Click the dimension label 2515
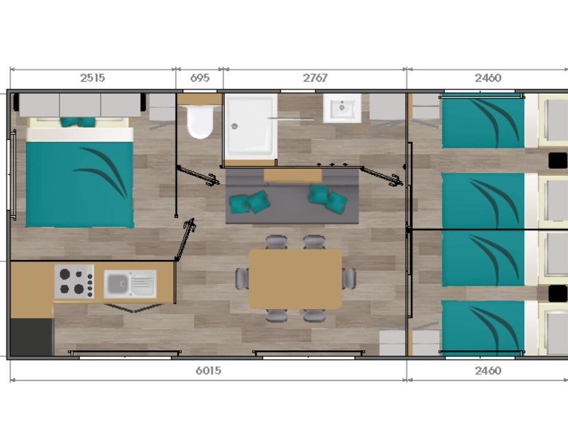pyautogui.click(x=92, y=78)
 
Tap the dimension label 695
pyautogui.click(x=199, y=78)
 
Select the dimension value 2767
pyautogui.click(x=315, y=78)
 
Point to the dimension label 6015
pyautogui.click(x=208, y=370)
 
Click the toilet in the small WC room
pyautogui.click(x=199, y=122)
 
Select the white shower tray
pyautogui.click(x=250, y=127)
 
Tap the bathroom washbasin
pyautogui.click(x=342, y=108)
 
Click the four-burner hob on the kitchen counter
pyautogui.click(x=74, y=281)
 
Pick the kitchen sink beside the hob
pyautogui.click(x=130, y=284)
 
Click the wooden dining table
pyautogui.click(x=295, y=278)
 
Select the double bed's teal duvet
pyautogui.click(x=80, y=184)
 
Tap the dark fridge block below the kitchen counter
pyautogui.click(x=32, y=337)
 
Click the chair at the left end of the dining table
pyautogui.click(x=242, y=278)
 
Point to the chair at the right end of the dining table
pyautogui.click(x=349, y=278)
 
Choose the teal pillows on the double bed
pyautogui.click(x=78, y=122)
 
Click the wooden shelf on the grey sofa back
pyautogui.click(x=293, y=175)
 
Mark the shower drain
pyautogui.click(x=235, y=126)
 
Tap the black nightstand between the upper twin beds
pyautogui.click(x=557, y=160)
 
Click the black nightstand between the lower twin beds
pyautogui.click(x=557, y=293)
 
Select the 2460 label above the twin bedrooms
pyautogui.click(x=488, y=78)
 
